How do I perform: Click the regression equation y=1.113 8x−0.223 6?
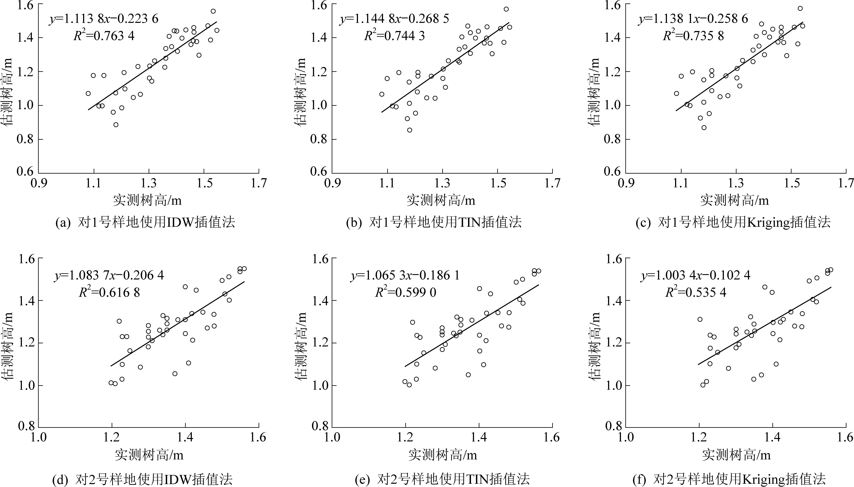pyautogui.click(x=104, y=19)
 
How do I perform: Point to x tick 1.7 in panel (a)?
pyautogui.click(x=259, y=183)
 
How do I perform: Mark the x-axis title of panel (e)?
pyautogui.click(x=442, y=455)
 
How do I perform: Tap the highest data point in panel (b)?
pyautogui.click(x=506, y=9)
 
